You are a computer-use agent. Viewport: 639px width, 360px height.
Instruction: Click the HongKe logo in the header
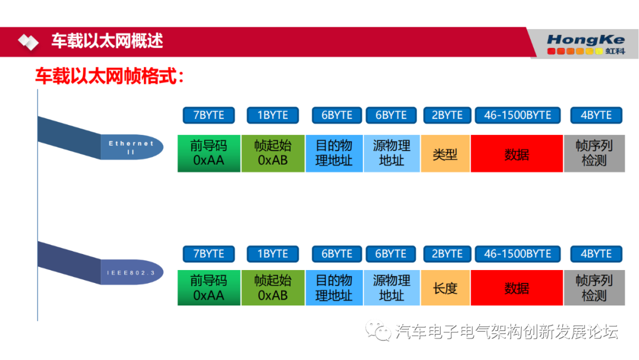[x=585, y=44]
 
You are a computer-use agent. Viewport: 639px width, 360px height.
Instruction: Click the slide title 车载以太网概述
[x=106, y=41]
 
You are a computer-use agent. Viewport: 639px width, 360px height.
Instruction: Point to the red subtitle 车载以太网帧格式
[x=109, y=76]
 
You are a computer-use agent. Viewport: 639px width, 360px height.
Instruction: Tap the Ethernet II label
[x=131, y=147]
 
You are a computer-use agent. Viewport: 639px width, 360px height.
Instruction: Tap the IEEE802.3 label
[x=131, y=272]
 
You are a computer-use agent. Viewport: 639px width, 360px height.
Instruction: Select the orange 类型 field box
[x=445, y=154]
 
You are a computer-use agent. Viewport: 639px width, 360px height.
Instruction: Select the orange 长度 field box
[x=445, y=288]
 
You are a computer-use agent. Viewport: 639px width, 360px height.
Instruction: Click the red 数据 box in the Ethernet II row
[x=517, y=154]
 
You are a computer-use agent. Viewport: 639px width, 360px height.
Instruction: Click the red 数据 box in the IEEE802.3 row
[x=517, y=288]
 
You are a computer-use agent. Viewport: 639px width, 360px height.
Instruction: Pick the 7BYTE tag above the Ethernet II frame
[x=209, y=115]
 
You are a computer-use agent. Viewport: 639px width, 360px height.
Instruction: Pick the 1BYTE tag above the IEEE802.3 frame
[x=272, y=254]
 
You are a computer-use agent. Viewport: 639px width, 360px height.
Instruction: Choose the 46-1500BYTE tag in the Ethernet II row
[x=517, y=115]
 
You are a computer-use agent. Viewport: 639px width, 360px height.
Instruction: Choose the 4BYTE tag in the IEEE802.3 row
[x=596, y=254]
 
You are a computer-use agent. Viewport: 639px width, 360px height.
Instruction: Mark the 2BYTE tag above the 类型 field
[x=447, y=115]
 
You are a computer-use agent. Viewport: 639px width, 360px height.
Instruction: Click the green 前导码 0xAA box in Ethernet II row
[x=209, y=153]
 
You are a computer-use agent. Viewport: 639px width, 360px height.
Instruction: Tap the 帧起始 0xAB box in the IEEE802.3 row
[x=273, y=288]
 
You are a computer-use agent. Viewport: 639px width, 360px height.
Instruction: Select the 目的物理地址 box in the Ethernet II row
[x=334, y=153]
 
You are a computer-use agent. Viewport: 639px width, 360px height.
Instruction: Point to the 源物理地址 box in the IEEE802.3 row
[x=391, y=288]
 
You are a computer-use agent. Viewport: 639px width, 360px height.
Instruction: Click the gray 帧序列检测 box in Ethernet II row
[x=594, y=153]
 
